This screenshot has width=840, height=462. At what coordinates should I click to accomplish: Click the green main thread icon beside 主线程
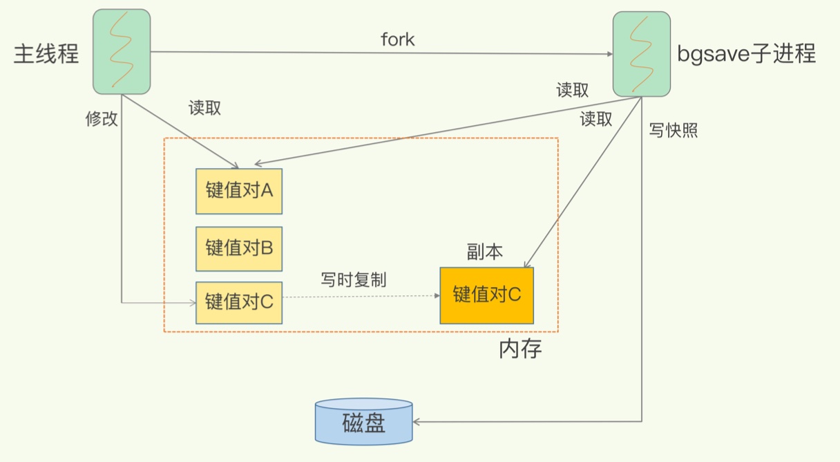click(x=122, y=51)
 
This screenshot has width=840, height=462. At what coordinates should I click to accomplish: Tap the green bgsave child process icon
click(x=641, y=54)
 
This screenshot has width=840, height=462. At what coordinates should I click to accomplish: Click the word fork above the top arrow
click(x=398, y=39)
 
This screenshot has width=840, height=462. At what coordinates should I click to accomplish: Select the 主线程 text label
click(x=46, y=54)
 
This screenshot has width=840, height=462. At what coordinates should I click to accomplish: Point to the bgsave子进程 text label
click(x=746, y=53)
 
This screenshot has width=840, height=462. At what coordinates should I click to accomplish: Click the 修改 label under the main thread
click(x=102, y=119)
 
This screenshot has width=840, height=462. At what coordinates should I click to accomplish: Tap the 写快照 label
click(x=674, y=130)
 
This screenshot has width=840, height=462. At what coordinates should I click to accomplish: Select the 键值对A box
click(x=239, y=191)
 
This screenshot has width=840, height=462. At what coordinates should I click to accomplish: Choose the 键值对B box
click(x=239, y=248)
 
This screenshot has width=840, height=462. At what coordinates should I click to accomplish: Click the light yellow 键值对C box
click(x=239, y=302)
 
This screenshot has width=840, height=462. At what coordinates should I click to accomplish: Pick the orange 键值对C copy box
click(x=486, y=295)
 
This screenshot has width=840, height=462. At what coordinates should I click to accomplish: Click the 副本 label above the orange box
click(x=485, y=252)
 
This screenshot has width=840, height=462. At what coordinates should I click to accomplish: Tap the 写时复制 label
click(x=354, y=280)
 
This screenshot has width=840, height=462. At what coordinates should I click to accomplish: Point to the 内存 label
click(x=520, y=349)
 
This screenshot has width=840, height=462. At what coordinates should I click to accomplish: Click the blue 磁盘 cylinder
click(x=363, y=422)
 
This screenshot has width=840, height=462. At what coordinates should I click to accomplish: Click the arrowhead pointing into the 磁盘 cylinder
click(x=417, y=421)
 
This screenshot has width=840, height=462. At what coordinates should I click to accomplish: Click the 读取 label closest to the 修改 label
click(x=204, y=108)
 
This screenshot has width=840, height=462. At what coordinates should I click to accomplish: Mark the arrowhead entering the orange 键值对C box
click(x=526, y=264)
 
